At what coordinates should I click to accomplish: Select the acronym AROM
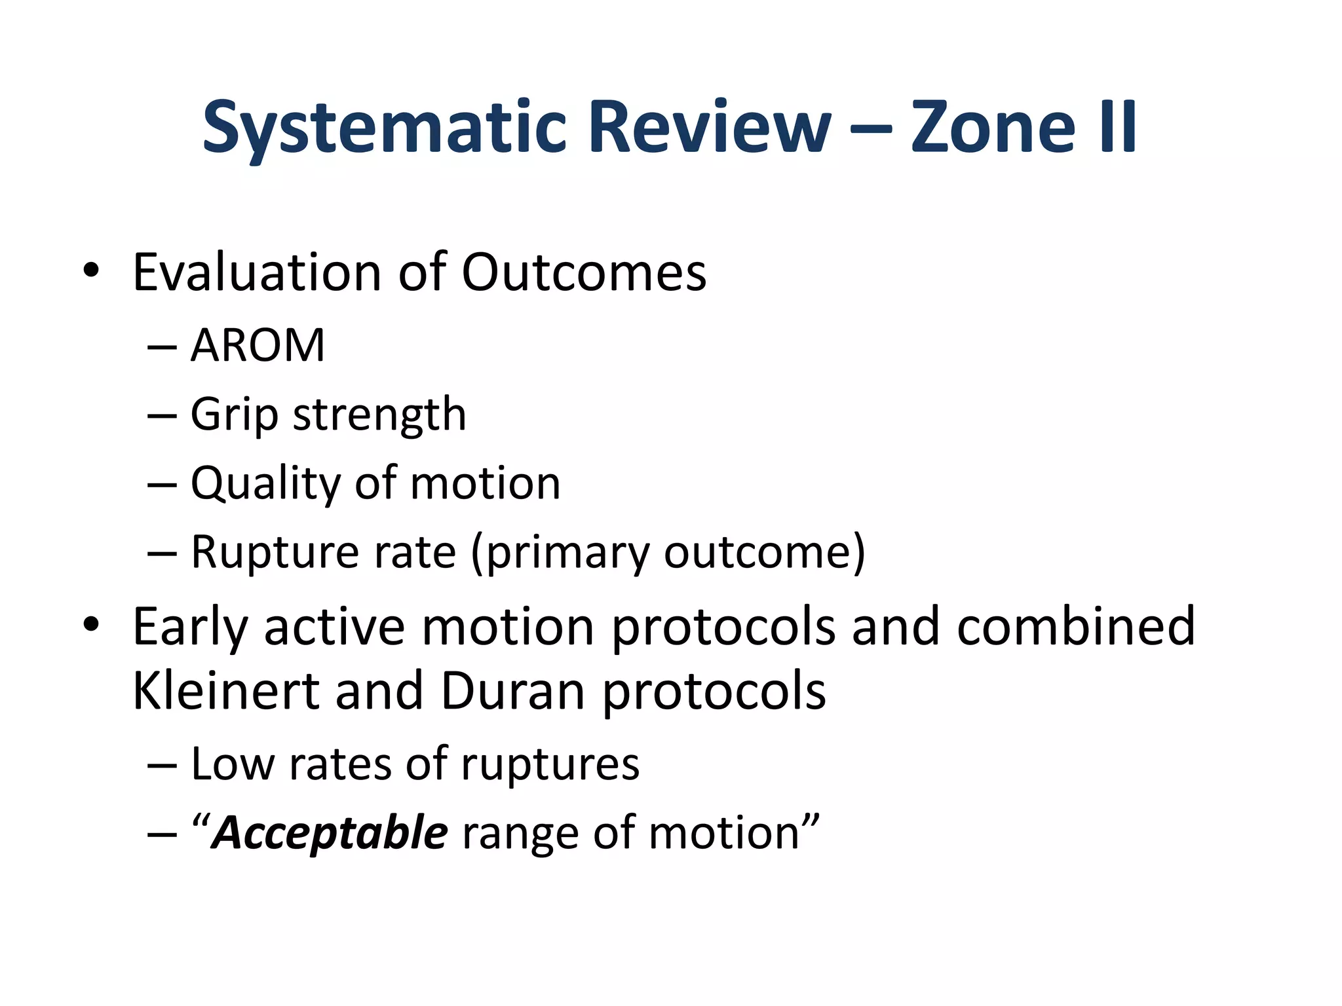pyautogui.click(x=258, y=345)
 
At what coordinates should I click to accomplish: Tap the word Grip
pyautogui.click(x=234, y=415)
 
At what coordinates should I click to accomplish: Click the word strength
pyautogui.click(x=379, y=415)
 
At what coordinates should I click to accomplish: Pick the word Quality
pyautogui.click(x=265, y=484)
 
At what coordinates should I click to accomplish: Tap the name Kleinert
pyautogui.click(x=225, y=691)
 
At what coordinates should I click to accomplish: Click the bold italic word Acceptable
pyautogui.click(x=330, y=834)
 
